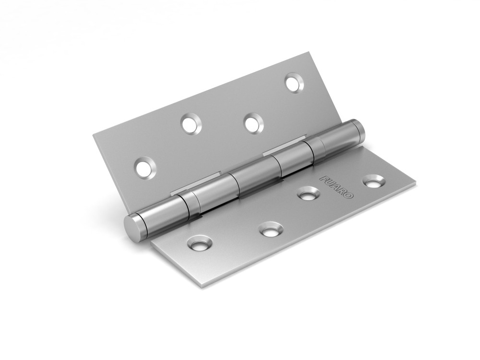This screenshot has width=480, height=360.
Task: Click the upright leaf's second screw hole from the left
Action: click(x=192, y=123)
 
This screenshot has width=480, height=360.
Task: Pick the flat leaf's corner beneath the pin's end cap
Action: click(x=152, y=242)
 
